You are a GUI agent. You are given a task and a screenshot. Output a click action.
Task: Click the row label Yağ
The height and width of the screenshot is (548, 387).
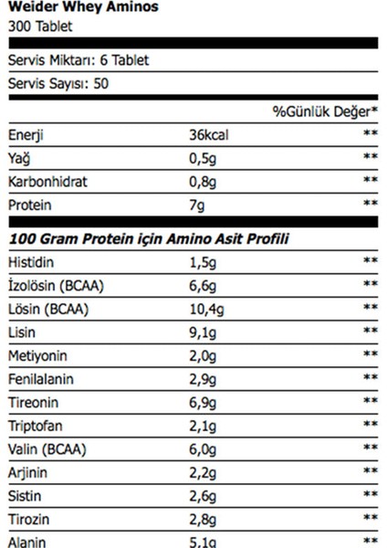[18, 158]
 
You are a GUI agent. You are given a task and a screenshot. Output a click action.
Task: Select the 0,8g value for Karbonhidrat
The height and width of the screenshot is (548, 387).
[202, 181]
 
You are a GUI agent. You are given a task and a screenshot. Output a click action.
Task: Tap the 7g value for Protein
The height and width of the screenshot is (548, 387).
[196, 204]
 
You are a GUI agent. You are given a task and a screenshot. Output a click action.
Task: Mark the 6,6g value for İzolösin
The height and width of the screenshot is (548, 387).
[202, 286]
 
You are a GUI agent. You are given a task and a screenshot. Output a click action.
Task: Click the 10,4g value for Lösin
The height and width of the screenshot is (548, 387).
[205, 309]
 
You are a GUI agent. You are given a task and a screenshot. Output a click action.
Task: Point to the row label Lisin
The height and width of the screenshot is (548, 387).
[23, 332]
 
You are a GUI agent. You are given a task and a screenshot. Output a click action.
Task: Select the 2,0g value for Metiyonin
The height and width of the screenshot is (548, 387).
[202, 355]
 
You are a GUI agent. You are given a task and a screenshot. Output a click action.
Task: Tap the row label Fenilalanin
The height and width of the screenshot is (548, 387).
[38, 378]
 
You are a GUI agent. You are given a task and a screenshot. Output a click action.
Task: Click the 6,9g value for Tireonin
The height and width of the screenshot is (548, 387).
[202, 401]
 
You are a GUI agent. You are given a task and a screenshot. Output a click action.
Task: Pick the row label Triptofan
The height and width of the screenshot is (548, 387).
[34, 424]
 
